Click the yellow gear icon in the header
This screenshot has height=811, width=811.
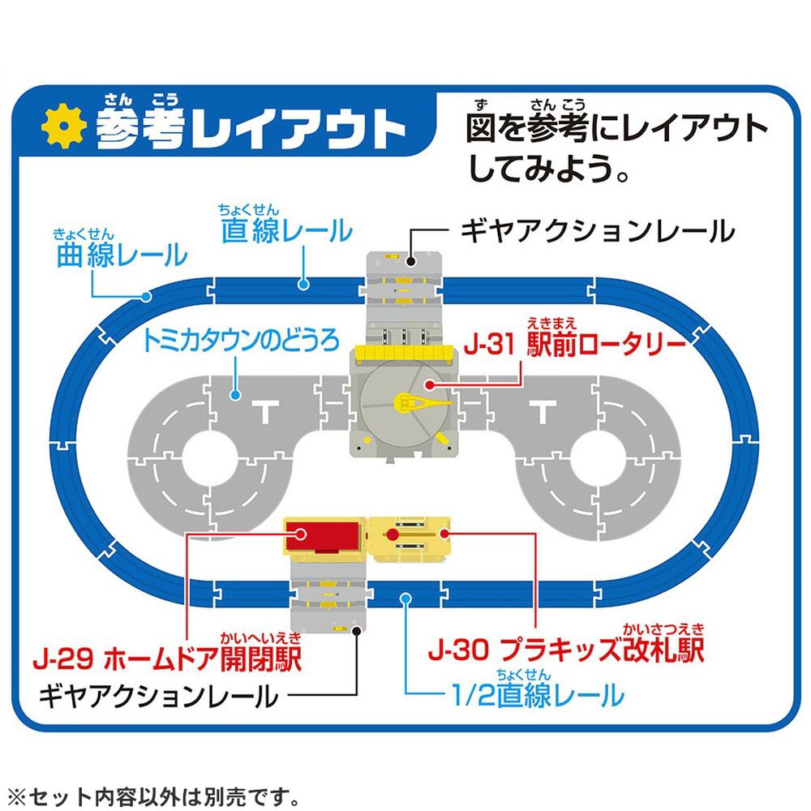click(x=64, y=127)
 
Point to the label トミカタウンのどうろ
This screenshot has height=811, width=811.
click(x=241, y=341)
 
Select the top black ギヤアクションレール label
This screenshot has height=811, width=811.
click(x=598, y=230)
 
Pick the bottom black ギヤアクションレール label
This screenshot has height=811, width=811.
click(x=159, y=696)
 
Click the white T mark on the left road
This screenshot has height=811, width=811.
click(x=266, y=411)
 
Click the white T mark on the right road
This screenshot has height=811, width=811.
click(x=543, y=411)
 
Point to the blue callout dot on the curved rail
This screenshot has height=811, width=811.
click(x=146, y=297)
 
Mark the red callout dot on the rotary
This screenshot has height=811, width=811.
click(x=429, y=384)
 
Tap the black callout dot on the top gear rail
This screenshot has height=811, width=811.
click(x=410, y=261)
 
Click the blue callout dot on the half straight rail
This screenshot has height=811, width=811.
click(x=406, y=599)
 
